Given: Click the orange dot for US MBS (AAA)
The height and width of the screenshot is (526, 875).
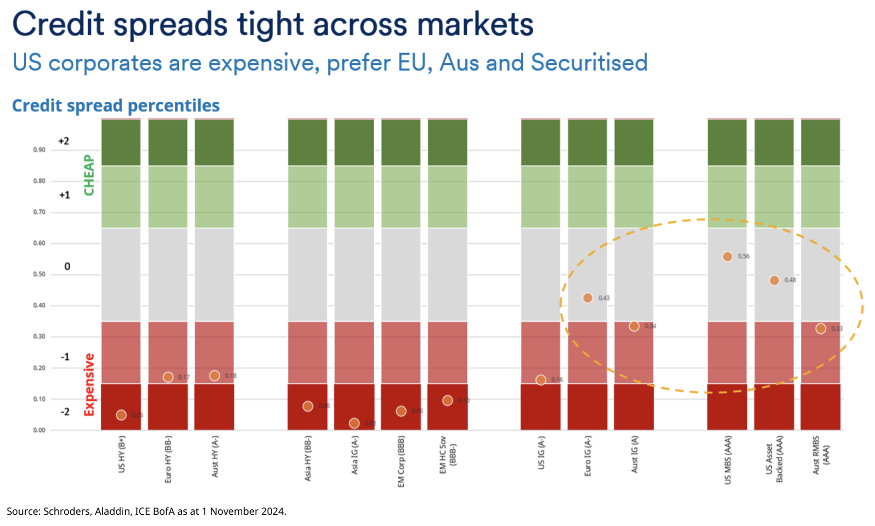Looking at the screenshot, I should click(727, 257).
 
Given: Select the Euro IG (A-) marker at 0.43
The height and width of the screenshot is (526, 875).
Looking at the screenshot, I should click(588, 298).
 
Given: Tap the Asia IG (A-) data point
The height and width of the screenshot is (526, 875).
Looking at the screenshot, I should click(354, 423).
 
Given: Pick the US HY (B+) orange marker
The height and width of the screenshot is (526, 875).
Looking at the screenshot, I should click(121, 415).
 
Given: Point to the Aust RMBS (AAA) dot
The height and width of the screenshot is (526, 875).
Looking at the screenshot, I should click(820, 329).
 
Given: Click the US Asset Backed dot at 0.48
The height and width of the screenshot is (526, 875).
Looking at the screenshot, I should click(774, 281).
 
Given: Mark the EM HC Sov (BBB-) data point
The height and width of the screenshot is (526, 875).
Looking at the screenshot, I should click(447, 400).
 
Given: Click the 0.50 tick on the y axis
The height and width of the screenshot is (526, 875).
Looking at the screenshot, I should click(39, 274).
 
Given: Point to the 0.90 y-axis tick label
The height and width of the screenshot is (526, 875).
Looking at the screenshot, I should click(39, 150).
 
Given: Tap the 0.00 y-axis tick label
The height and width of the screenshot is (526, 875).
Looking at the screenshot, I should click(39, 430).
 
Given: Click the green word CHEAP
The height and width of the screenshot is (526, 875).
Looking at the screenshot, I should click(89, 175).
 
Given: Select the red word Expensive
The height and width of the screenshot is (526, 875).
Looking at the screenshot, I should click(89, 385).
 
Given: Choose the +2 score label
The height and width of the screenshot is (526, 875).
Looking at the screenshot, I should click(64, 141).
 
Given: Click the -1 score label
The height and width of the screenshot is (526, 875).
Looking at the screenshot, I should click(65, 357).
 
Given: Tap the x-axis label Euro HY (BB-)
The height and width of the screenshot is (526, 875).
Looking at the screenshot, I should click(168, 459).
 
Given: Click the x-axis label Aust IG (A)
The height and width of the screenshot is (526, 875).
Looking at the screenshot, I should click(634, 454).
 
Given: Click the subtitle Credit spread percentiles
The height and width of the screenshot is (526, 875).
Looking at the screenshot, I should click(116, 106).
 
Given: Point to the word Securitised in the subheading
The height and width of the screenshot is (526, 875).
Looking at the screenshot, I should click(589, 63).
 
